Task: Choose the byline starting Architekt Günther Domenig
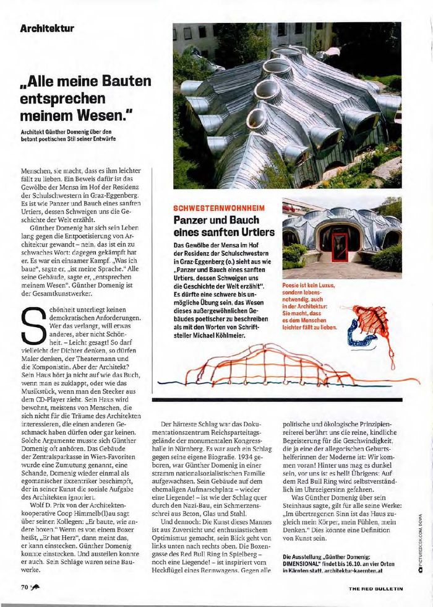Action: tap(68, 134)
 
